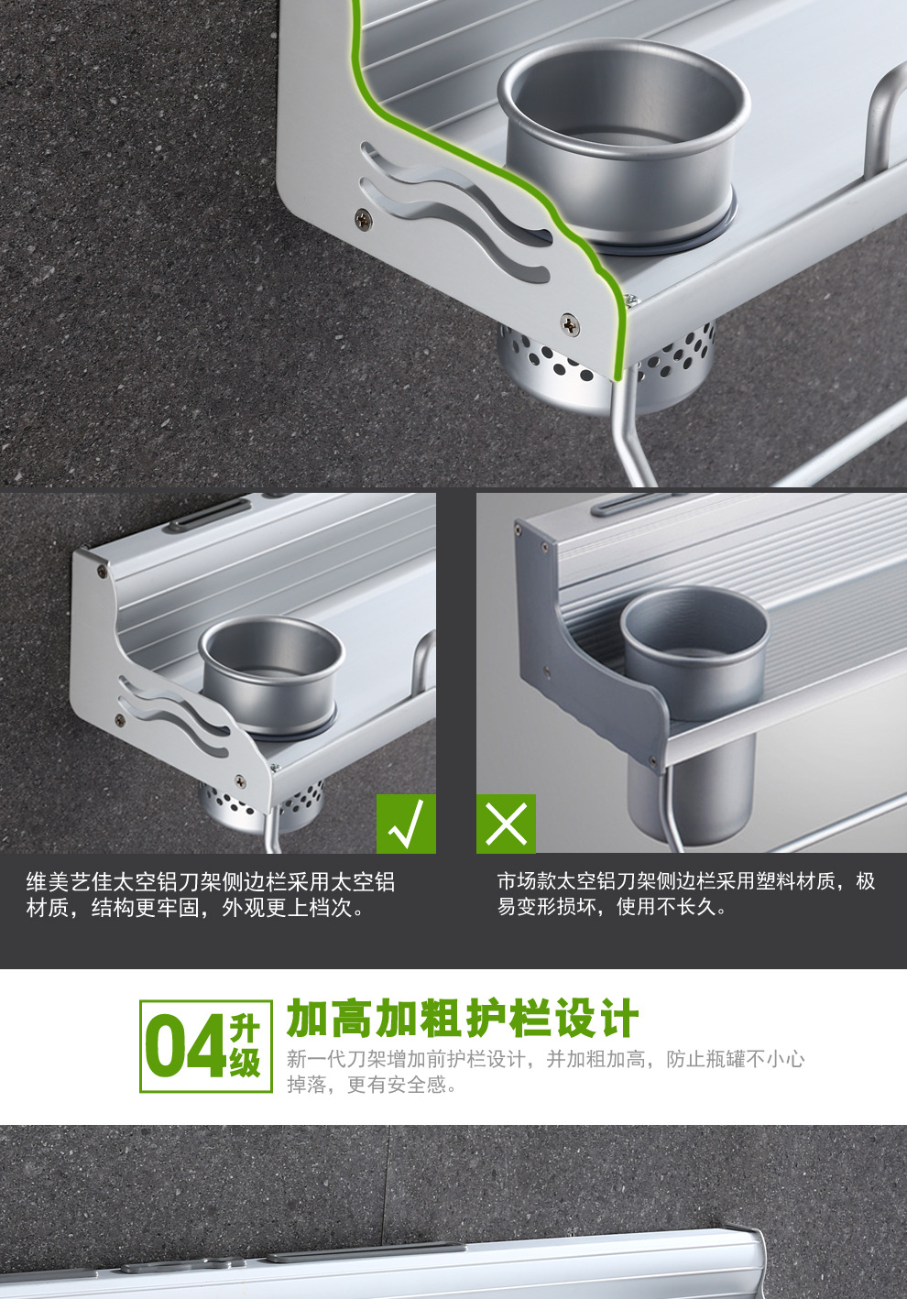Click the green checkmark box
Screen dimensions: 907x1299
pyautogui.click(x=406, y=824)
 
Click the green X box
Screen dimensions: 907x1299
pyautogui.click(x=506, y=824)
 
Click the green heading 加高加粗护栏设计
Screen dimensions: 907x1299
pyautogui.click(x=462, y=1019)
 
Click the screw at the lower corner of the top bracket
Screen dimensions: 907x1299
pyautogui.click(x=570, y=322)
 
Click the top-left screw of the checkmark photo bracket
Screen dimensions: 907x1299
pyautogui.click(x=102, y=572)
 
